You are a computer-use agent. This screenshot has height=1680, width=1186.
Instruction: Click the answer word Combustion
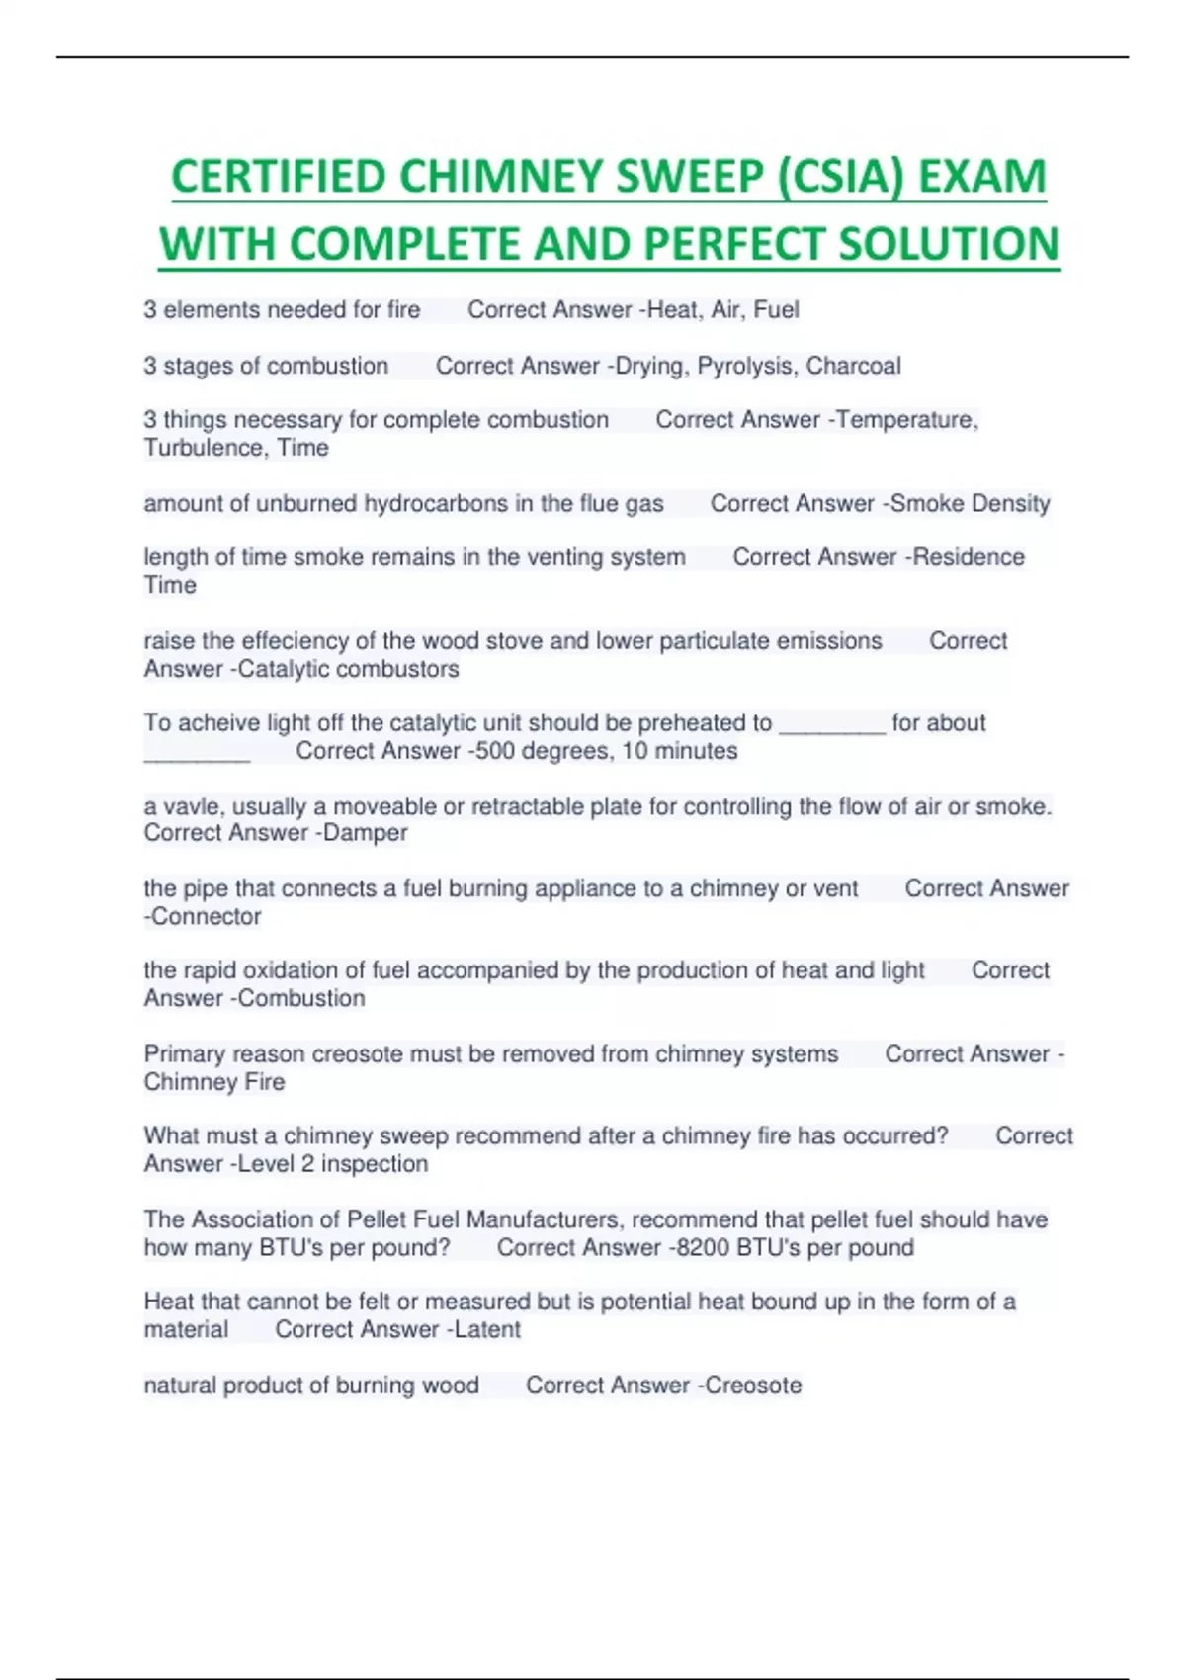pyautogui.click(x=301, y=998)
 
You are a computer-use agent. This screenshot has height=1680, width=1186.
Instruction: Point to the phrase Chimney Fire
pyautogui.click(x=214, y=1082)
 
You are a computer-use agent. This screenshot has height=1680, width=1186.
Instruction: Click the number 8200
pyautogui.click(x=702, y=1247)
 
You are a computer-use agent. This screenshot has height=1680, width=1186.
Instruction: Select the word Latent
pyautogui.click(x=487, y=1329)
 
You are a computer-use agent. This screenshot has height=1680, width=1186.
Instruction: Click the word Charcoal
pyautogui.click(x=853, y=366)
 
